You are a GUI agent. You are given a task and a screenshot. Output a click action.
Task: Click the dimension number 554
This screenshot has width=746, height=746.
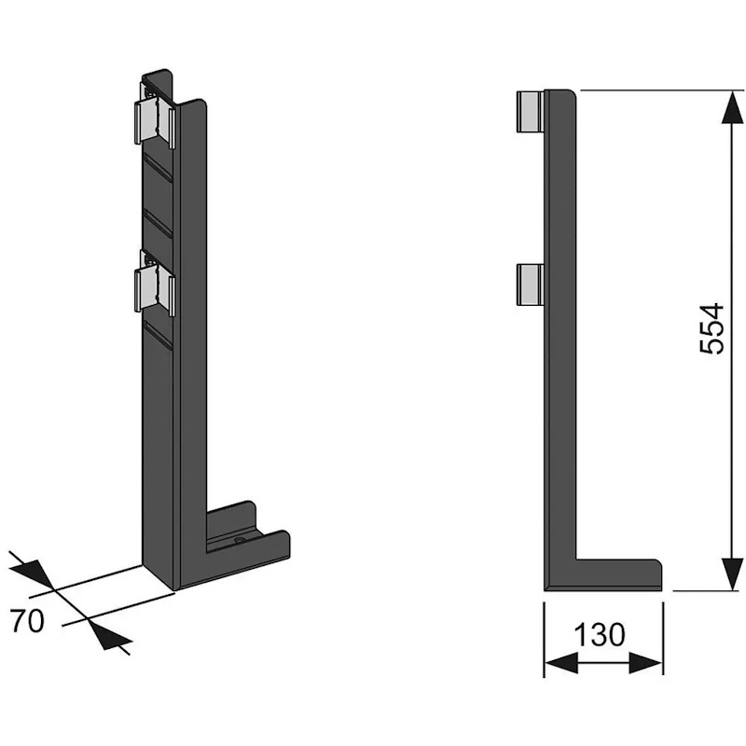point(712,328)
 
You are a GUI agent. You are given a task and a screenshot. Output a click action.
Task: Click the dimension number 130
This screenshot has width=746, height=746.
point(599,634)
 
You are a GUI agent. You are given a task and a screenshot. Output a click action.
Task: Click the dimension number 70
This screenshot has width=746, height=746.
point(28,620)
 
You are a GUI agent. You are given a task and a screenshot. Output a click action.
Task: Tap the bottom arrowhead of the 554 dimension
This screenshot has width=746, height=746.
point(732,573)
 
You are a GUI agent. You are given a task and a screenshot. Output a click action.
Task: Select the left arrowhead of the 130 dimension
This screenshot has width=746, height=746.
point(561,663)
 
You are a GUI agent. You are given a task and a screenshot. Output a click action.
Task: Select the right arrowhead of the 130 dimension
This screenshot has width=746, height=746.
point(645,663)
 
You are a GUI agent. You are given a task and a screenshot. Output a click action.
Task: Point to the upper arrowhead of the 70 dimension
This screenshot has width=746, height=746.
point(34,573)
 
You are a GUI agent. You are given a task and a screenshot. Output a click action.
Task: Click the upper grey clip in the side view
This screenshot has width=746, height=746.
point(531,111)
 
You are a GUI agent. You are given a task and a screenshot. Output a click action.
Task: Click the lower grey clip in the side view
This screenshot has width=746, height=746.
point(531,284)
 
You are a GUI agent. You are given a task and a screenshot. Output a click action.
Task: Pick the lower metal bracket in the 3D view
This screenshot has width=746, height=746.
point(155,283)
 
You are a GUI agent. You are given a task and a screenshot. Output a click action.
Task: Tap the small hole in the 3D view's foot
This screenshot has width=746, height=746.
point(239,541)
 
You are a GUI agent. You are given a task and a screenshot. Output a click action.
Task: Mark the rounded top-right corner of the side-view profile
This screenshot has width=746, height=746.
point(573,93)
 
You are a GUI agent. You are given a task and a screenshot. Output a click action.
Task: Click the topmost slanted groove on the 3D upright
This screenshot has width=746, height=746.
point(158,168)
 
